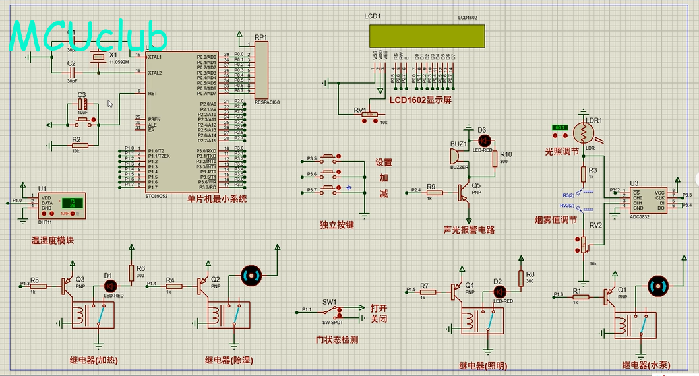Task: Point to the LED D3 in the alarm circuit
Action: pos(484,140)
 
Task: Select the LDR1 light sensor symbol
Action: pos(584,133)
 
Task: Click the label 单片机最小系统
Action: pos(216,199)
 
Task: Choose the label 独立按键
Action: pos(336,224)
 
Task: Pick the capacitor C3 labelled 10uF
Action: pos(82,105)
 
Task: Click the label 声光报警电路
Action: pos(469,230)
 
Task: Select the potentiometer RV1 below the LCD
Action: pos(369,116)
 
